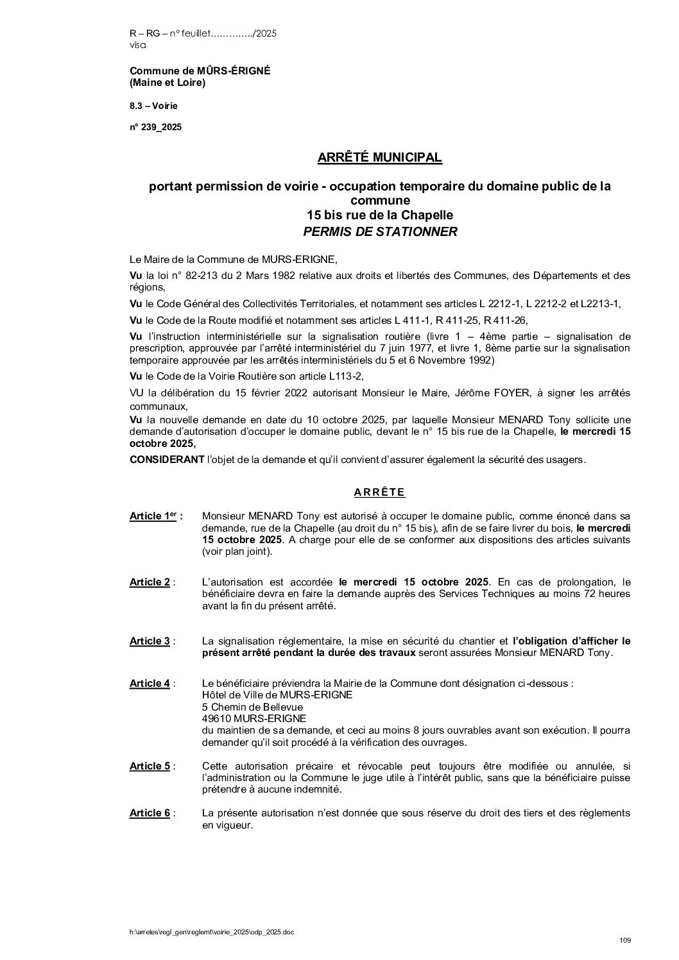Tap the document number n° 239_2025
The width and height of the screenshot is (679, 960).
point(156,127)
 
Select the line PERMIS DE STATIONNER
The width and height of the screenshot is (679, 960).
point(380,232)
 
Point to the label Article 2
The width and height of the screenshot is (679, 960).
point(150,582)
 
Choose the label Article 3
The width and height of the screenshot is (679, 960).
point(150,641)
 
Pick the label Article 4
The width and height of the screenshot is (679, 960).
point(150,684)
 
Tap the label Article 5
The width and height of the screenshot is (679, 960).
point(150,766)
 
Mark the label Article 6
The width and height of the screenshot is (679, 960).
point(150,813)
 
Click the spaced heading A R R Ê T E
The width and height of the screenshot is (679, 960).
point(379,493)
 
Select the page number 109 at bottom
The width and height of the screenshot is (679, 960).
point(625,941)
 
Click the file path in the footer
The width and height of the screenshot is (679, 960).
point(212,932)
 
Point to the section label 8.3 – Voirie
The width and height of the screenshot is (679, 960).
point(154,105)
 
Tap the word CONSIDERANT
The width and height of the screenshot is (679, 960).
point(163,460)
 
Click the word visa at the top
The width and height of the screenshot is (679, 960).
point(138,45)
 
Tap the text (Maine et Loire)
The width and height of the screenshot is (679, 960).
point(168,83)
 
